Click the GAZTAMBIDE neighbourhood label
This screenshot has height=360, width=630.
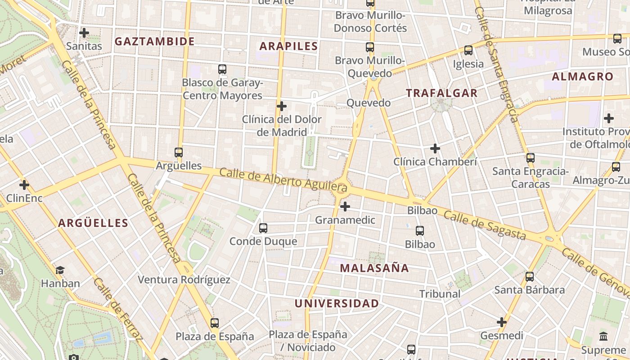pos(154,42)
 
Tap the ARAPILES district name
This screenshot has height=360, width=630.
pos(288,46)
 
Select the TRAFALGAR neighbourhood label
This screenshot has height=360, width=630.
pos(441,93)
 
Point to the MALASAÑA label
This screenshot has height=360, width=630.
pos(374,268)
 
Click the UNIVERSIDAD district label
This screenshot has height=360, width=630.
pos(337,303)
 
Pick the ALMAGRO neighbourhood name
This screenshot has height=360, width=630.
pos(582,76)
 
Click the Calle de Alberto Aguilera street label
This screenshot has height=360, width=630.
pos(283,179)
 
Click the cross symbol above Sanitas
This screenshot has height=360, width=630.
pos(84,33)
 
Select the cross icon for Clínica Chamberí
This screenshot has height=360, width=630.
pos(435,148)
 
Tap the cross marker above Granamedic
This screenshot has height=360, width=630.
pos(345,207)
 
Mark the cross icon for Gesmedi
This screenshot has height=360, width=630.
pos(502,322)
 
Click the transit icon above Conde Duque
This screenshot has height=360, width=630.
pos(263,228)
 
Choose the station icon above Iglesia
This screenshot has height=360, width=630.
pos(468,50)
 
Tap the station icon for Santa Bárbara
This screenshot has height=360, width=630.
pos(530,276)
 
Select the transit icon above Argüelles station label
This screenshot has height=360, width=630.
pos(179,153)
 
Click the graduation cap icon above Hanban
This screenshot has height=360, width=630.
pos(60,270)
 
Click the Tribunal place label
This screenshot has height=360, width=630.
pos(440,294)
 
